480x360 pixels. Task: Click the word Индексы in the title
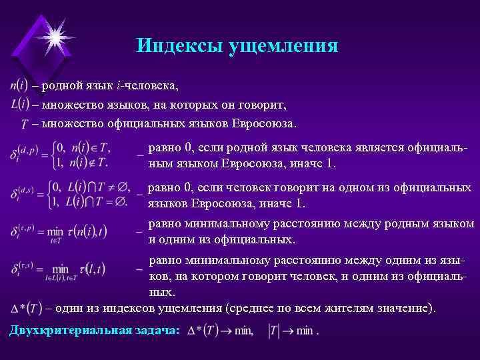point(179,46)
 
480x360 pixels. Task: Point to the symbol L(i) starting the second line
point(20,104)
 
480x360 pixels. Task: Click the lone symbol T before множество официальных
point(24,124)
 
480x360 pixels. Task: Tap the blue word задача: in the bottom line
point(157,330)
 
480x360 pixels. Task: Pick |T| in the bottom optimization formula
point(274,330)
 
